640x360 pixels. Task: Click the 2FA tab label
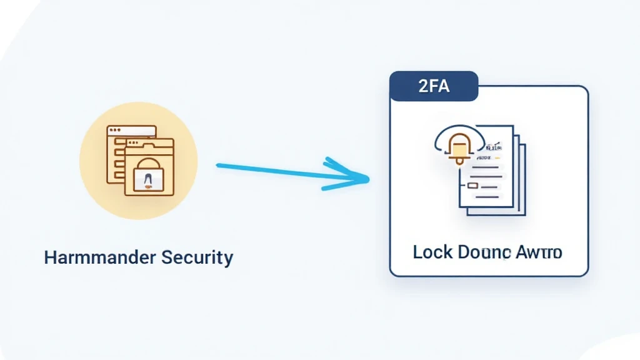[434, 86]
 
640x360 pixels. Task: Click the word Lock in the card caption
[433, 252]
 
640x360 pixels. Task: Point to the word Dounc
[483, 252]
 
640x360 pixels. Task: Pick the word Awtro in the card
[539, 252]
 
